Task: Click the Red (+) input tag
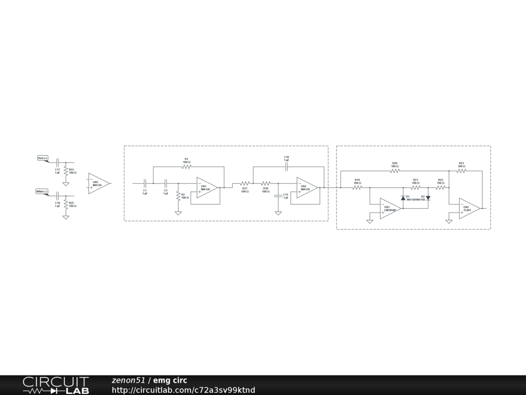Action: tap(43, 158)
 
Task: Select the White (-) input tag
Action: tap(42, 192)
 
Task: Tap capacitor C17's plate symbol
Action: tap(58, 163)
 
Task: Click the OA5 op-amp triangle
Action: tap(98, 183)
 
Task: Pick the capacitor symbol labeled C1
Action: tap(145, 183)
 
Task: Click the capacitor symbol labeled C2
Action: tap(166, 183)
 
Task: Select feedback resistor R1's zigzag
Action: tap(186, 167)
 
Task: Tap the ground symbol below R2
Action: tap(178, 212)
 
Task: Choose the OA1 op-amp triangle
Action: tap(206, 188)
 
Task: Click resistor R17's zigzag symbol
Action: tap(245, 183)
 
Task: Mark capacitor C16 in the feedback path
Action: tap(287, 167)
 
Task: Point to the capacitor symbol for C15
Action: tap(278, 196)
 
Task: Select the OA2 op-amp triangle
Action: tap(307, 188)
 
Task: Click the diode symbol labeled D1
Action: tap(403, 198)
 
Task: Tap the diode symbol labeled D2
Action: tap(428, 197)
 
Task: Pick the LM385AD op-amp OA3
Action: tap(390, 209)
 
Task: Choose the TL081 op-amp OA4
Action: tap(469, 209)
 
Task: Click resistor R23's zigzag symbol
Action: tap(461, 171)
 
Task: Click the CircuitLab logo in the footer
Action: tap(55, 385)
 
